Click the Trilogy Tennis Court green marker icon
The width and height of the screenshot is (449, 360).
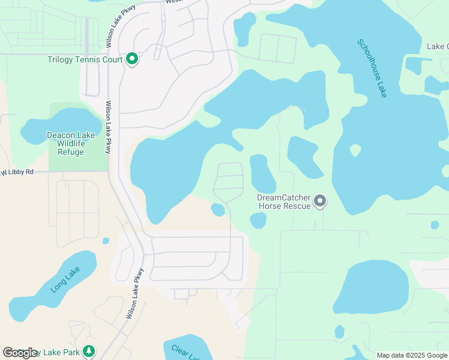[x=133, y=59]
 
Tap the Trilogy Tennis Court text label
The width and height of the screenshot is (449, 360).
[x=85, y=59]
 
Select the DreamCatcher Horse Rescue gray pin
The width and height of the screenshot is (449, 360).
[x=320, y=201]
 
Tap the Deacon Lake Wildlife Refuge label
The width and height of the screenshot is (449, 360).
[x=71, y=143]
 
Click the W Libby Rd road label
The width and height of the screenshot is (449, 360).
[x=17, y=172]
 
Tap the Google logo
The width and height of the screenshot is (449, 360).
[x=20, y=353]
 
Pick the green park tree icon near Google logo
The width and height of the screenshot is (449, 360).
[x=89, y=351]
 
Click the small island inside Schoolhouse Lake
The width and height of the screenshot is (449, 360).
[x=355, y=149]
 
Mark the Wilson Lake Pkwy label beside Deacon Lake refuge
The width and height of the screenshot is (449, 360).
[x=108, y=127]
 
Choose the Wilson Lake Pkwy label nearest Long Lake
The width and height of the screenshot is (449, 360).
[x=135, y=293]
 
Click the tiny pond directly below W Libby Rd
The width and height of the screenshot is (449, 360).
[x=106, y=241]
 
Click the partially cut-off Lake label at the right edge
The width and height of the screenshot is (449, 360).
[x=437, y=46]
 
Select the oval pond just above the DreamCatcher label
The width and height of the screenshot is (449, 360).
[x=262, y=173]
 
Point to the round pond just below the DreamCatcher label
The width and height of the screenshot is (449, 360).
[x=258, y=221]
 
